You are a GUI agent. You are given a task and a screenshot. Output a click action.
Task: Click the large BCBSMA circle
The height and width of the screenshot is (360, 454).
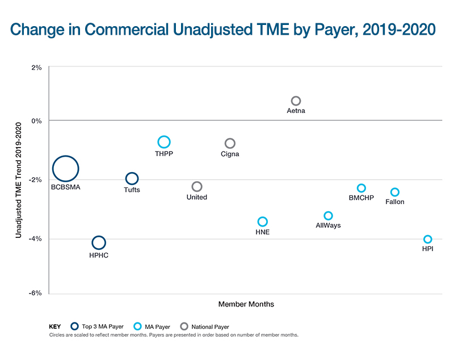tap(65, 169)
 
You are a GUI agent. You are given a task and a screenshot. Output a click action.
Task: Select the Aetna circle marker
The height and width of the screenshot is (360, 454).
tap(296, 101)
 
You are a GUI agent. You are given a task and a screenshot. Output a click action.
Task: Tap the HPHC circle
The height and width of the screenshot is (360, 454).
tap(99, 242)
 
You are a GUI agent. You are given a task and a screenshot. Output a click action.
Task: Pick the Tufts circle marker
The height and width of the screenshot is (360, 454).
tap(132, 179)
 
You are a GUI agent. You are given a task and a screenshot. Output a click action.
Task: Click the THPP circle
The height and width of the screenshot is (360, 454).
tap(164, 142)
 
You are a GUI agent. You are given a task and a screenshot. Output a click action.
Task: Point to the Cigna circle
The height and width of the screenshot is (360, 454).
tap(230, 144)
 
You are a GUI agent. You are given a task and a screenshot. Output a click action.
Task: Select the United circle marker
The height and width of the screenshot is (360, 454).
tap(197, 186)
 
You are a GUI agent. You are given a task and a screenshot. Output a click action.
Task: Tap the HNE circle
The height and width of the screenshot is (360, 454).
tap(262, 221)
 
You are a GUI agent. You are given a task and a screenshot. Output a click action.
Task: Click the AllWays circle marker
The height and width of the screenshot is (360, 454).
tap(328, 216)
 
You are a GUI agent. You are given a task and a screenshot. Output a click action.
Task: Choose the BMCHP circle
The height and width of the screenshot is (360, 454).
tap(361, 188)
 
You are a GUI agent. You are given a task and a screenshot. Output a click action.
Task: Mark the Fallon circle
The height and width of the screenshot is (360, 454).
tap(395, 192)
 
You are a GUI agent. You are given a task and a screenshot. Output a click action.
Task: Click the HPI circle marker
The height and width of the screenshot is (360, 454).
tap(428, 239)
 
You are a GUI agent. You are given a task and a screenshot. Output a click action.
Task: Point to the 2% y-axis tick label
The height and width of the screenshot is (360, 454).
tap(36, 68)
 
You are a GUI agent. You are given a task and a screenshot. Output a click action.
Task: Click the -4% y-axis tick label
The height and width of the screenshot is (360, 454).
tap(35, 239)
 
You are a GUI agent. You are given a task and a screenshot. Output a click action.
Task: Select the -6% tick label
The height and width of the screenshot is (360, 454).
tap(35, 294)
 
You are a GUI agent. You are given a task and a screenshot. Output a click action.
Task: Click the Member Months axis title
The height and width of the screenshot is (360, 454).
tap(246, 304)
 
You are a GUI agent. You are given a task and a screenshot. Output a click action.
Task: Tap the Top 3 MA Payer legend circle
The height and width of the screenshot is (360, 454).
tap(74, 326)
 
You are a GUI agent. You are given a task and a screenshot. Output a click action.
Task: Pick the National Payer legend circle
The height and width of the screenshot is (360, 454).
tap(184, 326)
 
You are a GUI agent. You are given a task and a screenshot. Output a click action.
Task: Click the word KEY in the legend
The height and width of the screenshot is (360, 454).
tap(55, 327)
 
